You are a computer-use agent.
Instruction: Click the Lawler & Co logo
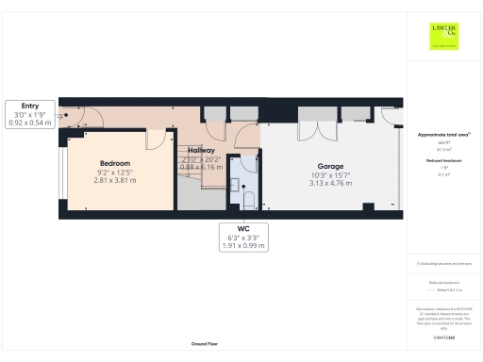pos(443,36)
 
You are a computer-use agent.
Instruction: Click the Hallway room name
pos(201,150)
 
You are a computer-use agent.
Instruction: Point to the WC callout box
pos(243,236)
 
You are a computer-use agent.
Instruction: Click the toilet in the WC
pos(249,200)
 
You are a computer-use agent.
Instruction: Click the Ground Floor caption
pos(205,344)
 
